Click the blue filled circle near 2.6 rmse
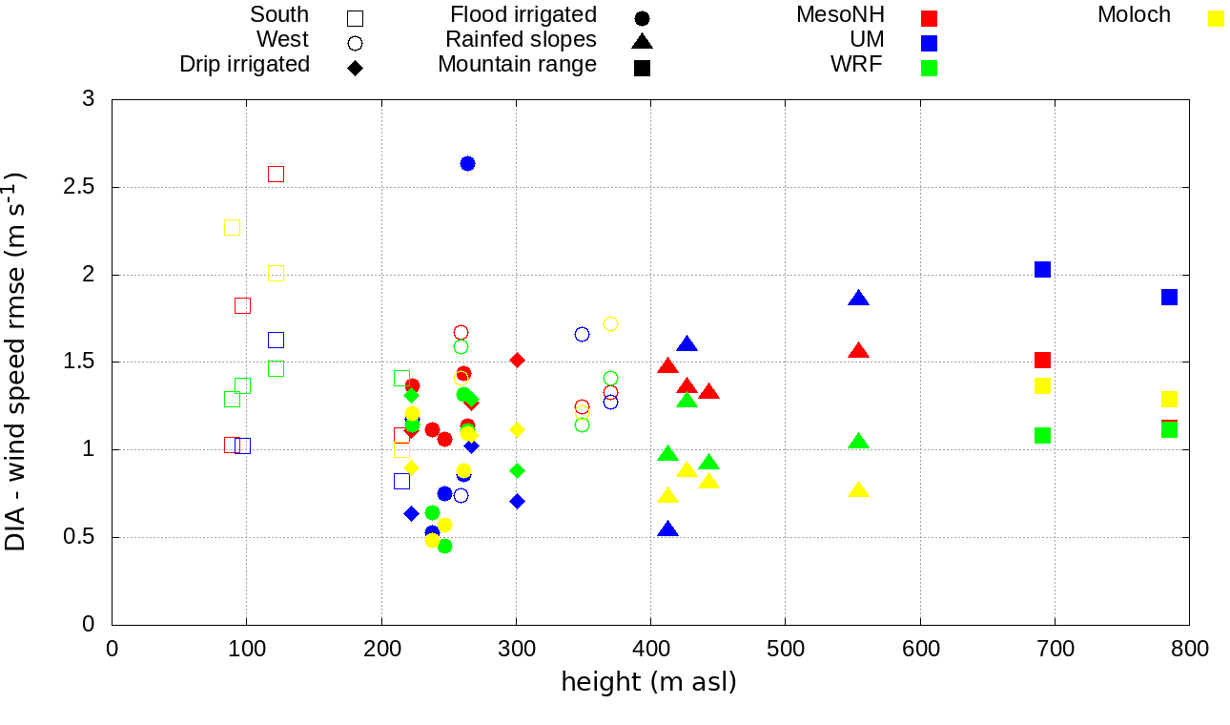coord(467,164)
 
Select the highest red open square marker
coord(276,174)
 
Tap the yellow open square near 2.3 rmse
coord(232,227)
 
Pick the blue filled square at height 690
coord(1042,270)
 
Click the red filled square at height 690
coord(1042,360)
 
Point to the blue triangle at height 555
coord(858,299)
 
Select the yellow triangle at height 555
coord(858,490)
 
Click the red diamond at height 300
coord(517,360)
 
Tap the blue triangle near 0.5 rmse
coord(667,529)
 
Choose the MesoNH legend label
coord(840,15)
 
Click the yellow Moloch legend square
coord(1216,17)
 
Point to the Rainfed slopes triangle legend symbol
coord(642,41)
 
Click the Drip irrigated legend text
coord(244,64)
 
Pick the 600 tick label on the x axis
coord(920,650)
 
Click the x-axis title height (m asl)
coord(648,682)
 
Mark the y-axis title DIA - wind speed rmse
coord(17,361)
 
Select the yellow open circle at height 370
coord(610,324)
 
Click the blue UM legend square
coord(929,42)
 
